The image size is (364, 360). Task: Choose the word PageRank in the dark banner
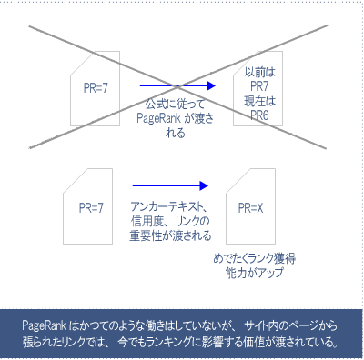(47, 325)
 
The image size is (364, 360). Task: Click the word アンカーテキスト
(168, 206)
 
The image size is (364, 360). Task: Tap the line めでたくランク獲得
(255, 259)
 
